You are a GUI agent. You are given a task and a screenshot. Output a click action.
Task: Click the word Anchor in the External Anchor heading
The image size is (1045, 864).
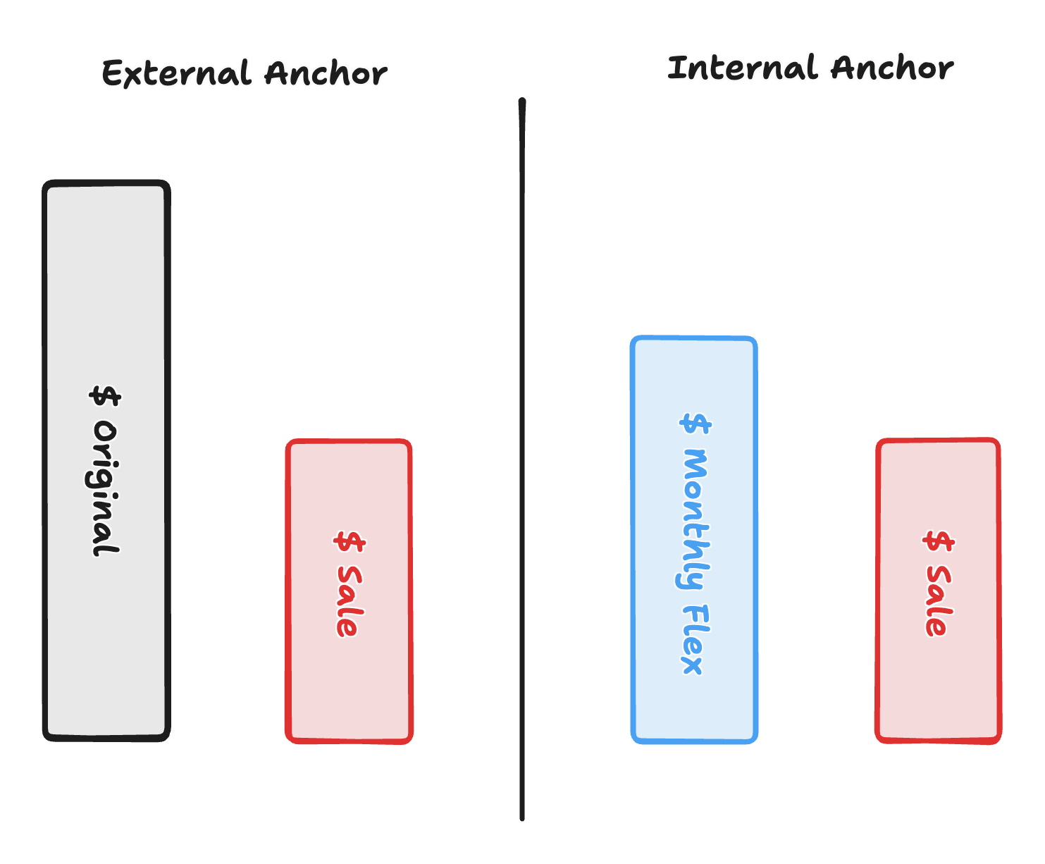click(x=326, y=74)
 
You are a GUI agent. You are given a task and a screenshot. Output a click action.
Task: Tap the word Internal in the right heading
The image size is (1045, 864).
click(x=742, y=68)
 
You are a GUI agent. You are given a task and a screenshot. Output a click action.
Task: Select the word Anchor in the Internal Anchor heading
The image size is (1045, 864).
click(x=892, y=68)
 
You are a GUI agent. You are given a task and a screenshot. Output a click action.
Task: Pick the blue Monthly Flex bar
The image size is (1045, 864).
click(x=694, y=381)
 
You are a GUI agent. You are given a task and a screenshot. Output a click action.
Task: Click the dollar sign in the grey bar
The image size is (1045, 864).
click(x=106, y=396)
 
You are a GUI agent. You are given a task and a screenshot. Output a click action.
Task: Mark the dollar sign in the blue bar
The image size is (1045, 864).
click(x=696, y=423)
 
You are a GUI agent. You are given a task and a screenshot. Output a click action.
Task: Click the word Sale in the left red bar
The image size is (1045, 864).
click(x=349, y=601)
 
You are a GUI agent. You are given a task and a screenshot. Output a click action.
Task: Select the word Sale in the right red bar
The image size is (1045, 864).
click(x=938, y=600)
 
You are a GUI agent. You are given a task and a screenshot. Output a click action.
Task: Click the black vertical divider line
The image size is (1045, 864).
click(x=522, y=458)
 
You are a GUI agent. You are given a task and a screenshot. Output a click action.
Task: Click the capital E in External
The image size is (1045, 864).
click(x=113, y=74)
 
